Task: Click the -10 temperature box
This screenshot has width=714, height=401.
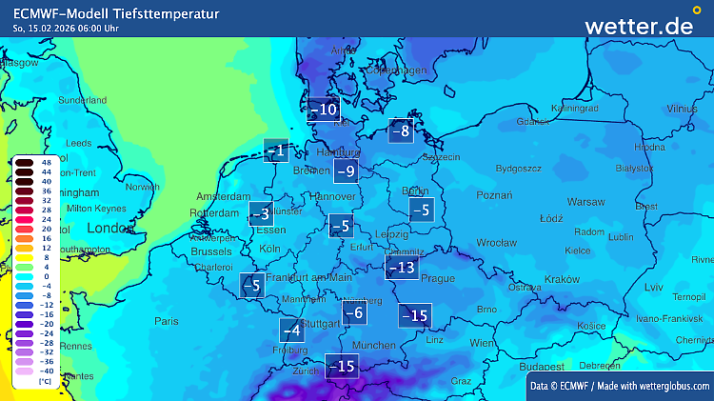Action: [x=324, y=110]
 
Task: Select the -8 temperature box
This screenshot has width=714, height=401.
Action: [x=402, y=131]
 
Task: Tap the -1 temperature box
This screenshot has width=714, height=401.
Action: [x=276, y=150]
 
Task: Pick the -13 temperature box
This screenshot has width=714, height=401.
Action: [x=402, y=268]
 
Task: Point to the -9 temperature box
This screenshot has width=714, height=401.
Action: [x=346, y=171]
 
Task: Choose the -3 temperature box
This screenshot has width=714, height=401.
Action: [x=260, y=214]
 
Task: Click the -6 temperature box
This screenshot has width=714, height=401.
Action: [x=354, y=312]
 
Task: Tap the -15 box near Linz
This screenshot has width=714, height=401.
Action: [x=415, y=315]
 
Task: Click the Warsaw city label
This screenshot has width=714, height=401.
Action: [x=585, y=202]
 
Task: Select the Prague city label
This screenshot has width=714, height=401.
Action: [x=438, y=278]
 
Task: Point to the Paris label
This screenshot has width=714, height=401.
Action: [x=167, y=321]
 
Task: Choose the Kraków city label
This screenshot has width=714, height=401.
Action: [x=563, y=279]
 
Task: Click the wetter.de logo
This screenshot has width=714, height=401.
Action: [x=639, y=26]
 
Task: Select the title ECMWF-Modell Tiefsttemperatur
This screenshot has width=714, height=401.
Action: [x=115, y=13]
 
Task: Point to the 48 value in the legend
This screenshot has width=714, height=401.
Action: [x=45, y=162]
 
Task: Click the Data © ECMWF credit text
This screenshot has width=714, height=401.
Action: [x=619, y=385]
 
